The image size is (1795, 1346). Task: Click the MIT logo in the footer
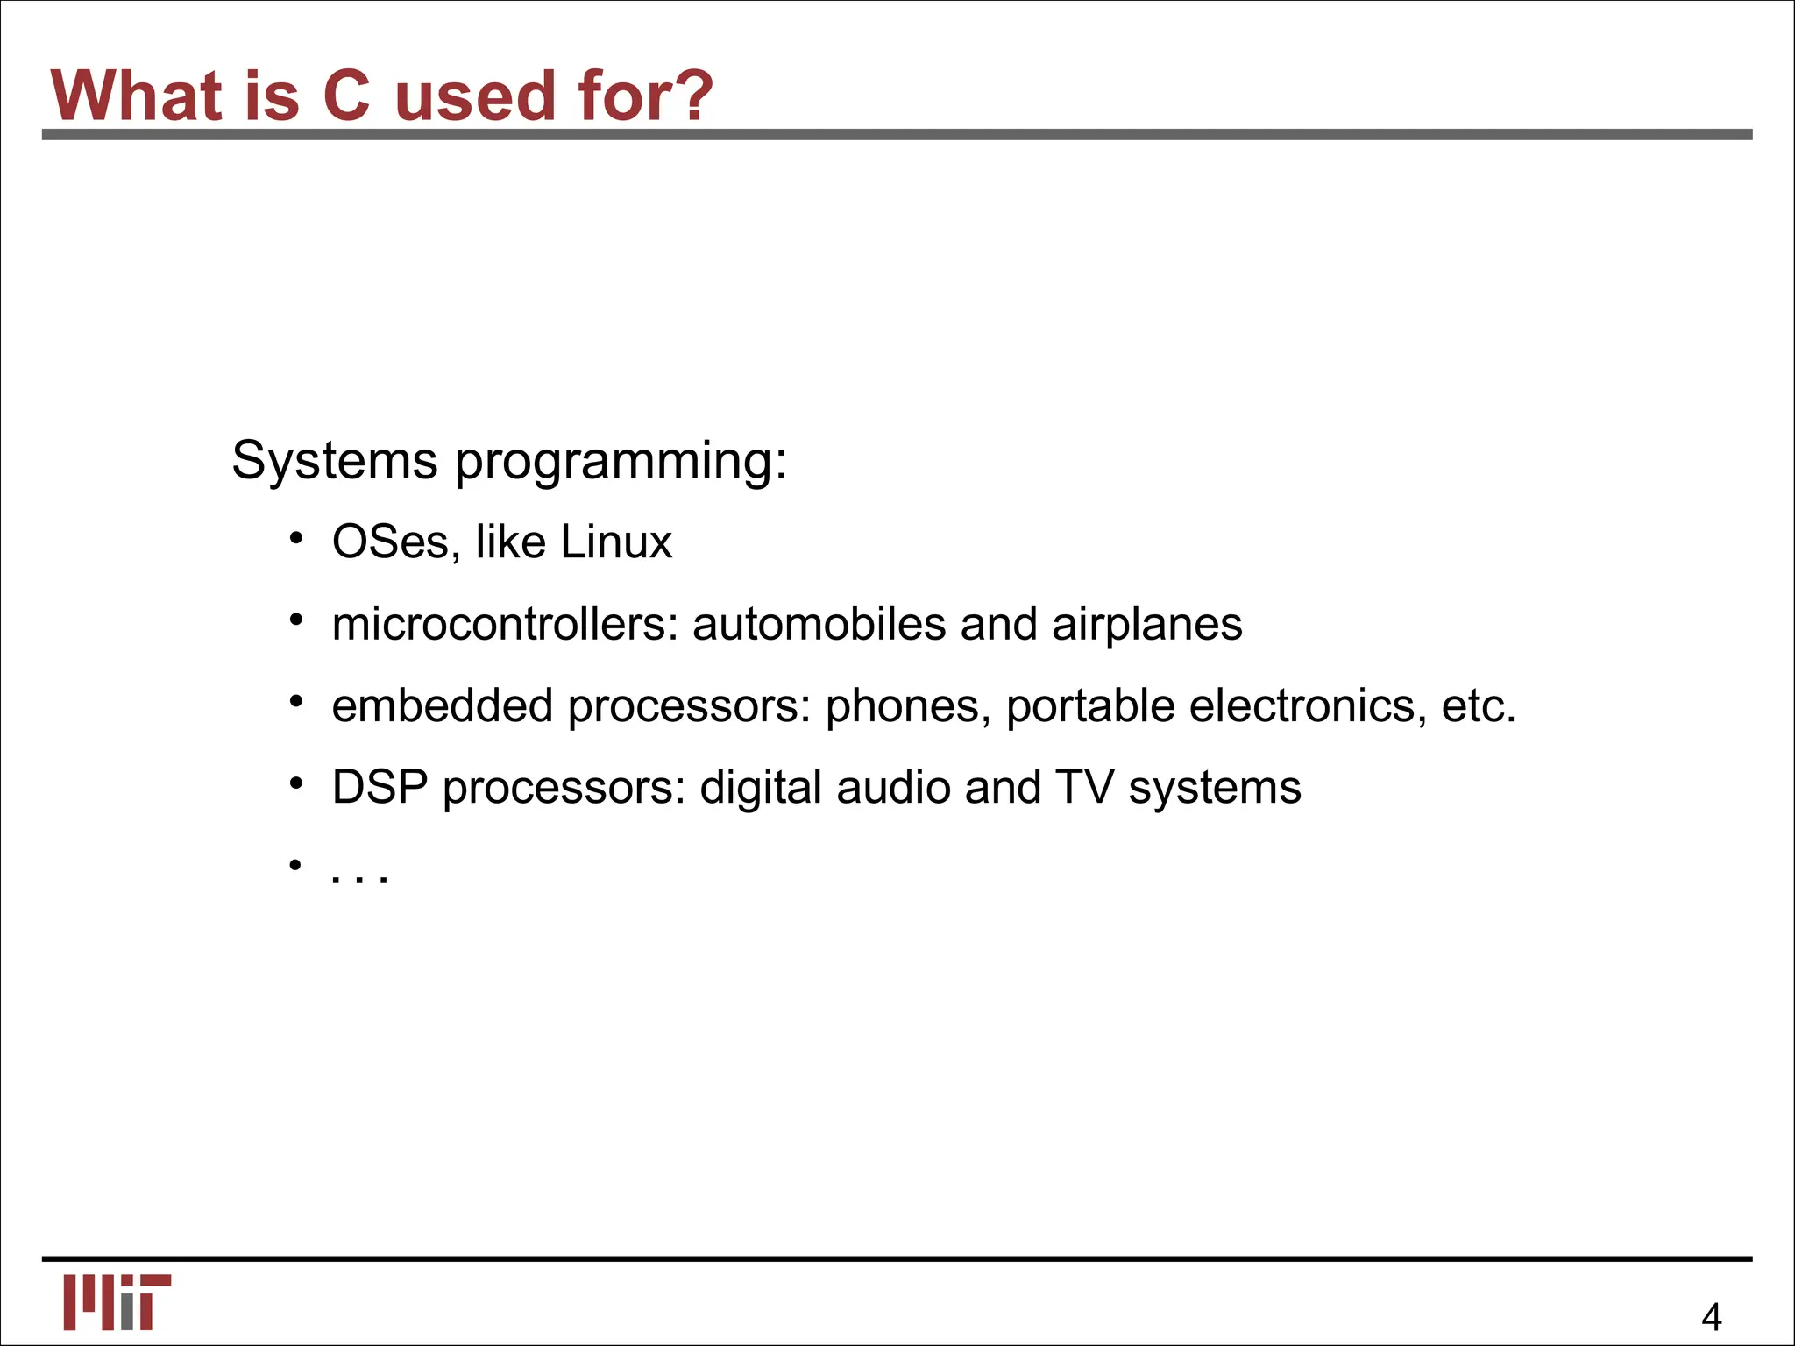(117, 1301)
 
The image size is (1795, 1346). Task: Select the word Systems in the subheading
(334, 461)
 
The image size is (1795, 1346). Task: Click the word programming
(621, 463)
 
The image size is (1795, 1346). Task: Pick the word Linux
(616, 542)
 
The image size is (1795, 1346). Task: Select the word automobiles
(819, 624)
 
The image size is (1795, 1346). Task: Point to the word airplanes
(1146, 626)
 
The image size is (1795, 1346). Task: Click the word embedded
(442, 705)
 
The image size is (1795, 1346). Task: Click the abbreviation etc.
(1479, 706)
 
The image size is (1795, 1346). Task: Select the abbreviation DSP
(380, 787)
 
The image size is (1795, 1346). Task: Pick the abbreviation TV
(1084, 787)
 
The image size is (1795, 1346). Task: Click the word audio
(893, 787)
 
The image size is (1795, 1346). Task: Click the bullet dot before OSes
(296, 538)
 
